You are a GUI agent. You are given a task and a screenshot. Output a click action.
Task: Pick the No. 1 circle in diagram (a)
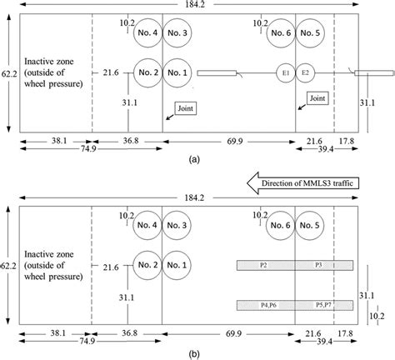pyautogui.click(x=178, y=73)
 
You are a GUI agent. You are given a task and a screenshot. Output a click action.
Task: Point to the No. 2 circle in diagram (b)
pyautogui.click(x=147, y=266)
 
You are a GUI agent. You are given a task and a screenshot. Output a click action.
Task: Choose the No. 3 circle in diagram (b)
pyautogui.click(x=178, y=225)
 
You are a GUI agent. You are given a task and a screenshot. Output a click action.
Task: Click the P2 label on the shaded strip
pyautogui.click(x=263, y=265)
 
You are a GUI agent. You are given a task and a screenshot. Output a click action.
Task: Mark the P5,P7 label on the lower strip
pyautogui.click(x=322, y=305)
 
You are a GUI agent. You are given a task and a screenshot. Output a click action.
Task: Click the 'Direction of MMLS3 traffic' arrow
pyautogui.click(x=308, y=180)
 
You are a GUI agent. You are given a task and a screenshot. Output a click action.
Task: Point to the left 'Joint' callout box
pyautogui.click(x=186, y=108)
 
